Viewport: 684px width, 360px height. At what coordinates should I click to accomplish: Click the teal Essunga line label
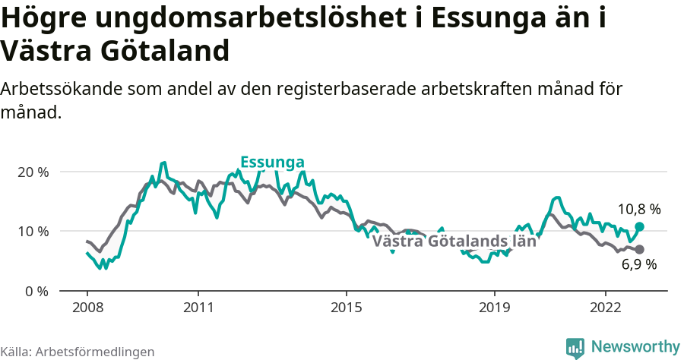click(x=272, y=162)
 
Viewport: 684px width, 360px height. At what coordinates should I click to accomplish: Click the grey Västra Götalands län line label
click(x=454, y=242)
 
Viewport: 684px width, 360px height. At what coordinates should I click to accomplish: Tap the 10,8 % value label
click(x=639, y=209)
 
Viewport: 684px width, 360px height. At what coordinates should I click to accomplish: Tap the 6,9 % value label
click(x=639, y=264)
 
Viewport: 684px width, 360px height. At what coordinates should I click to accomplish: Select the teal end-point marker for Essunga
click(x=640, y=226)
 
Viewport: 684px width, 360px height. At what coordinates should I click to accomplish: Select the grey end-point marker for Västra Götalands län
click(x=640, y=249)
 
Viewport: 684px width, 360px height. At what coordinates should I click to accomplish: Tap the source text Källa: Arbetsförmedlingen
click(x=78, y=352)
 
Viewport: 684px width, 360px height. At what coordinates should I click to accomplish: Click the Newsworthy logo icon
click(x=575, y=347)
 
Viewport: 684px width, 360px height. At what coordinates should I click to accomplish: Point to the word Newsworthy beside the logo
click(x=635, y=347)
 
